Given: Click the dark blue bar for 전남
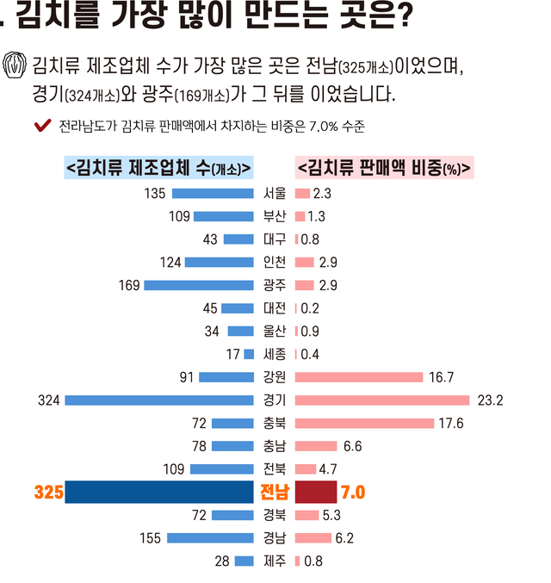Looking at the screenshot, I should point(159,492).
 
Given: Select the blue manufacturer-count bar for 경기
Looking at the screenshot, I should point(159,400).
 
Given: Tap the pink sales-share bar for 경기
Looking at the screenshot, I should point(382,400).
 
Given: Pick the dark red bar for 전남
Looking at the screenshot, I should point(315,492).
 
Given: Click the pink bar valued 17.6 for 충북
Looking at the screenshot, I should point(364,423).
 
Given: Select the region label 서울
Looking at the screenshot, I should point(275,193).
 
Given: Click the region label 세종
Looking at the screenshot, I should point(275,354).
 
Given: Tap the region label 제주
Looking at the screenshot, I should point(275,561).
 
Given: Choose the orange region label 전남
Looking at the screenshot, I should point(275,492).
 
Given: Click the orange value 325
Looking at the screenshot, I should point(47,492).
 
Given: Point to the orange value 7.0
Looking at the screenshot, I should point(354,492).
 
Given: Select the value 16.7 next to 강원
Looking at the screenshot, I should point(442,377).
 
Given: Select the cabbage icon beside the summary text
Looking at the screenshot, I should point(15,65).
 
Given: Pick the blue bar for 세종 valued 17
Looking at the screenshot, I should point(250,354).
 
